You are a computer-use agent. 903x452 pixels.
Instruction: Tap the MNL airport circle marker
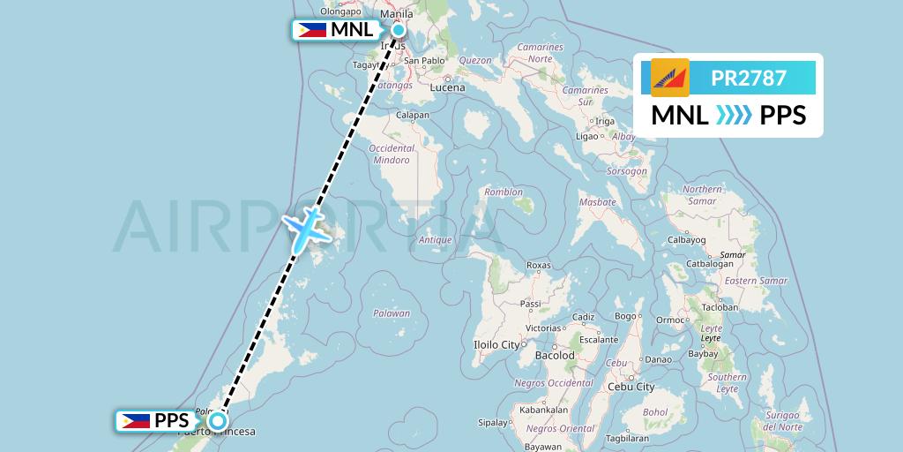[399, 30]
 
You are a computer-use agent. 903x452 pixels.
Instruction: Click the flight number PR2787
[749, 78]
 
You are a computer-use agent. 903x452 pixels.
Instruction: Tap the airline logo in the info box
[670, 78]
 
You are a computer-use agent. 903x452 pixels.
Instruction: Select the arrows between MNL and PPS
[734, 116]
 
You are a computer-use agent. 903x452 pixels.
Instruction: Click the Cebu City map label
[632, 387]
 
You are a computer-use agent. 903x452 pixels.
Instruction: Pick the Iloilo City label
[498, 344]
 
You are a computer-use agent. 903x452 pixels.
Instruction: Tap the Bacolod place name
[555, 356]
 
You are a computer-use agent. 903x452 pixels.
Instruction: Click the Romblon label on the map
[504, 192]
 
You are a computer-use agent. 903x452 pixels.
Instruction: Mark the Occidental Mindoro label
[391, 154]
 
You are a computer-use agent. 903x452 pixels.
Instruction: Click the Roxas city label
[538, 265]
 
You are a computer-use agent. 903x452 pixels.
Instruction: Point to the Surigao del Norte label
[782, 421]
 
